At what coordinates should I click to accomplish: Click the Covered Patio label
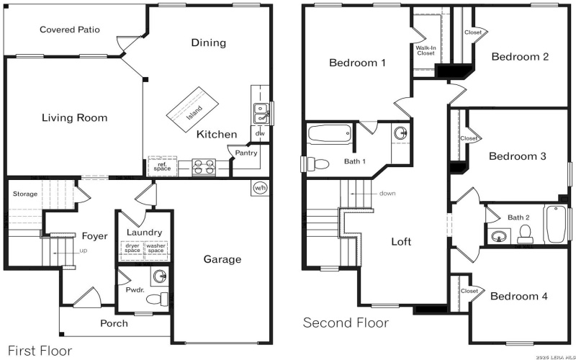click(70, 30)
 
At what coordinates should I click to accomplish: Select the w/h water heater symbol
click(260, 188)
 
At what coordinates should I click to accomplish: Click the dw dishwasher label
click(260, 133)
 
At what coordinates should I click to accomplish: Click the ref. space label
click(163, 166)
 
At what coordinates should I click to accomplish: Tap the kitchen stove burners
click(204, 167)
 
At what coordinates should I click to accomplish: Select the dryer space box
click(132, 248)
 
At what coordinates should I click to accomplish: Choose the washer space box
click(156, 248)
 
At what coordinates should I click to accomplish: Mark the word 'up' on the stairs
click(84, 251)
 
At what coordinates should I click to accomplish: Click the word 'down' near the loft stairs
click(387, 193)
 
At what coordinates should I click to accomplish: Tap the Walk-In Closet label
click(426, 50)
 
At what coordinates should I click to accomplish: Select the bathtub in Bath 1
click(329, 135)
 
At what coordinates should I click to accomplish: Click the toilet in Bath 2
click(526, 232)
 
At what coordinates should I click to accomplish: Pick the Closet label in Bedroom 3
click(469, 138)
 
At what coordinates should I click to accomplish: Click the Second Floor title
click(346, 323)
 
